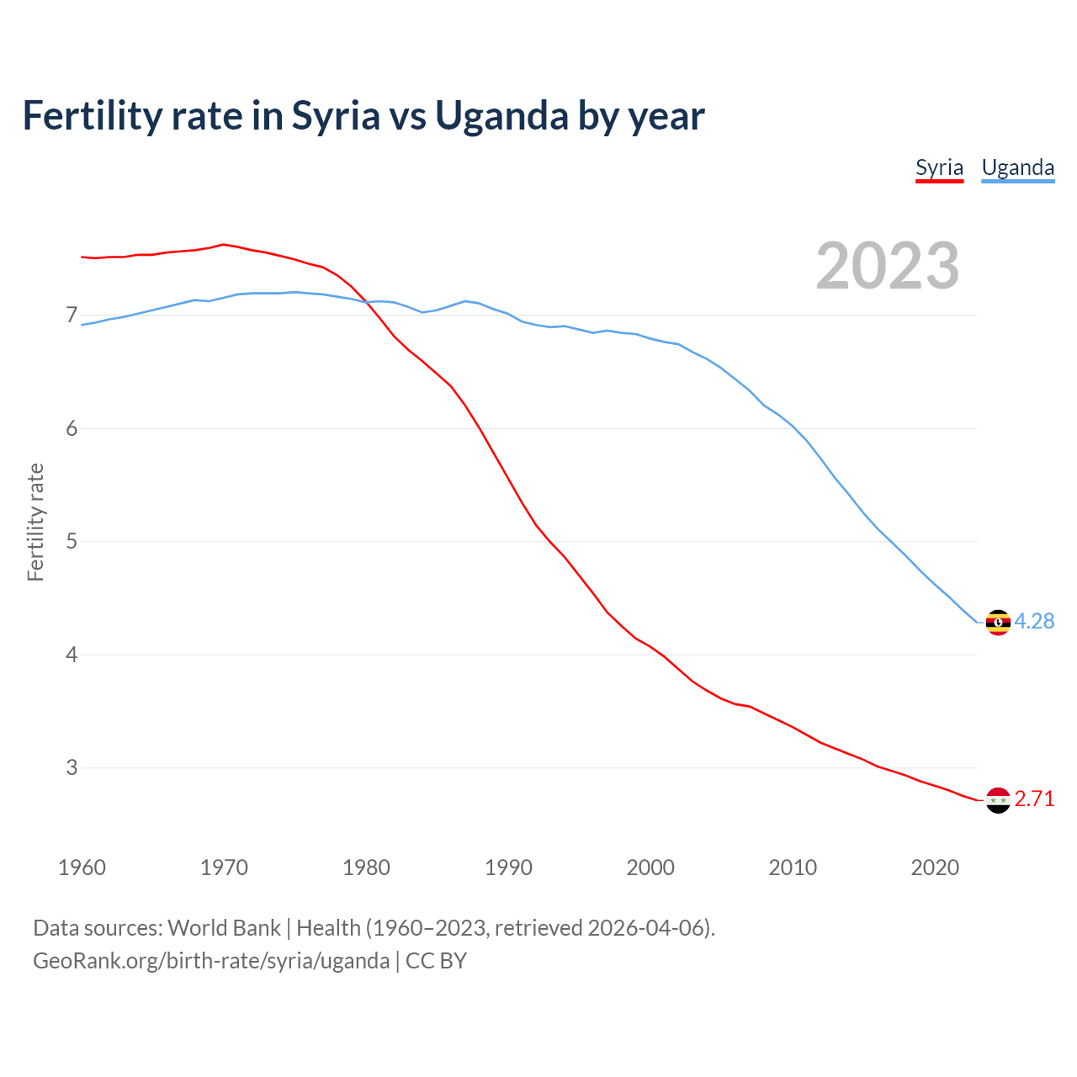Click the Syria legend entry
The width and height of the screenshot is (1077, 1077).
[x=939, y=167]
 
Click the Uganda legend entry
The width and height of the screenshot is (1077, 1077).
[x=1017, y=167]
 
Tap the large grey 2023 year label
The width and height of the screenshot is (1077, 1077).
[x=888, y=266]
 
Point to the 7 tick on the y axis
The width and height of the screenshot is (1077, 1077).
[x=72, y=316]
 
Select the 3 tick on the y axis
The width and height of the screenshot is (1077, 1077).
[x=72, y=767]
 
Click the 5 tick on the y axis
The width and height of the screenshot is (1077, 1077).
[x=72, y=541]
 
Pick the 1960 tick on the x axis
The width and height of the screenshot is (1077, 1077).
[x=82, y=867]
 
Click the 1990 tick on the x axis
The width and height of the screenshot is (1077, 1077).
[x=508, y=867]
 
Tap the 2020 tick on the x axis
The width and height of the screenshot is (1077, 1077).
[x=935, y=867]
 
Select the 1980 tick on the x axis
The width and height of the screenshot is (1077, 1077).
[x=366, y=867]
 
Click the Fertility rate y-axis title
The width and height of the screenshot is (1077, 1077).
[x=35, y=522]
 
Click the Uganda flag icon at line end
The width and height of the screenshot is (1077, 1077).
[x=998, y=623]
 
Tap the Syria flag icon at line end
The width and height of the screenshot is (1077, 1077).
[x=998, y=800]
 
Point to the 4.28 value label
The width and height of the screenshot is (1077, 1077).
[x=1034, y=622]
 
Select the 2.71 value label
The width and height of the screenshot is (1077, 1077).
[x=1034, y=799]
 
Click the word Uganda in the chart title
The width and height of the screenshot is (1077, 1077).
[x=501, y=116]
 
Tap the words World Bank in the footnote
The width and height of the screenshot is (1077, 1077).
[x=224, y=928]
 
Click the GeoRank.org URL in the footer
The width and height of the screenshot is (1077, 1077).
[x=211, y=961]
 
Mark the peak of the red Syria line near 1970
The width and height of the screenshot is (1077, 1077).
[x=223, y=244]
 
